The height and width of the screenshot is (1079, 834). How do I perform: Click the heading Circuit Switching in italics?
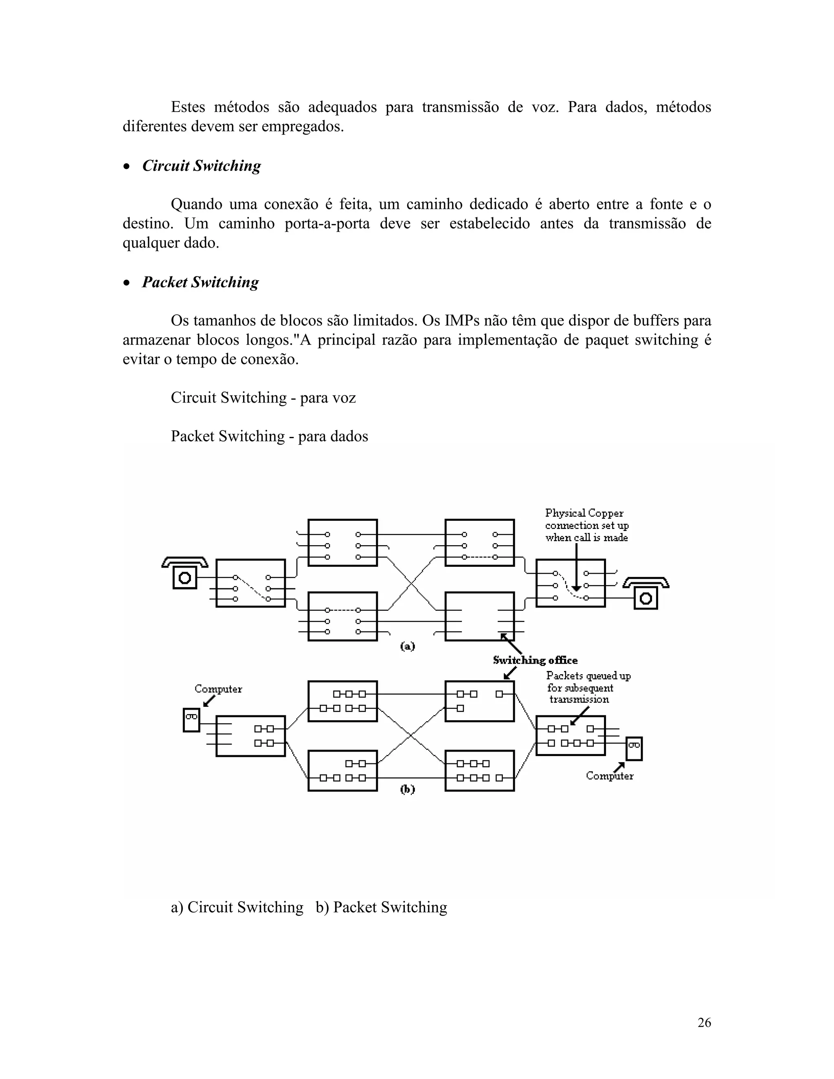tap(201, 165)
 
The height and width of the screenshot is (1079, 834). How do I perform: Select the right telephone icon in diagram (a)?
tap(645, 593)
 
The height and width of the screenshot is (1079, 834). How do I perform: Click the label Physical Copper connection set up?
tap(586, 519)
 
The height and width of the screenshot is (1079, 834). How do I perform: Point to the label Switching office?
tap(535, 660)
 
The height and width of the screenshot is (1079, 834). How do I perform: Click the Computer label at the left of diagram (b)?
tap(218, 689)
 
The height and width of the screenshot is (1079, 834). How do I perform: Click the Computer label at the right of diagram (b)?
tap(609, 776)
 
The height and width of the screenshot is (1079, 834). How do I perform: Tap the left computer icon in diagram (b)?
tap(191, 719)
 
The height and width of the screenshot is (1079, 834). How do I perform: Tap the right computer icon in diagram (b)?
tap(634, 748)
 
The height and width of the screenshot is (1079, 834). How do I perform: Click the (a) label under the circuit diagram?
tap(407, 646)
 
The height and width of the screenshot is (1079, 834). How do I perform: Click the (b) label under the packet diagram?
tap(407, 789)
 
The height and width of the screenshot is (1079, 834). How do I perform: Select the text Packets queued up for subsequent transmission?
tap(588, 687)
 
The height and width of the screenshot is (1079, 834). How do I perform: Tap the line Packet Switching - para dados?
tap(269, 436)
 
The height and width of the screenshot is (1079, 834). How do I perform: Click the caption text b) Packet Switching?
tap(382, 907)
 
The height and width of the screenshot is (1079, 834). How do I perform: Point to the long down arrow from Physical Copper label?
tap(576, 566)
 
